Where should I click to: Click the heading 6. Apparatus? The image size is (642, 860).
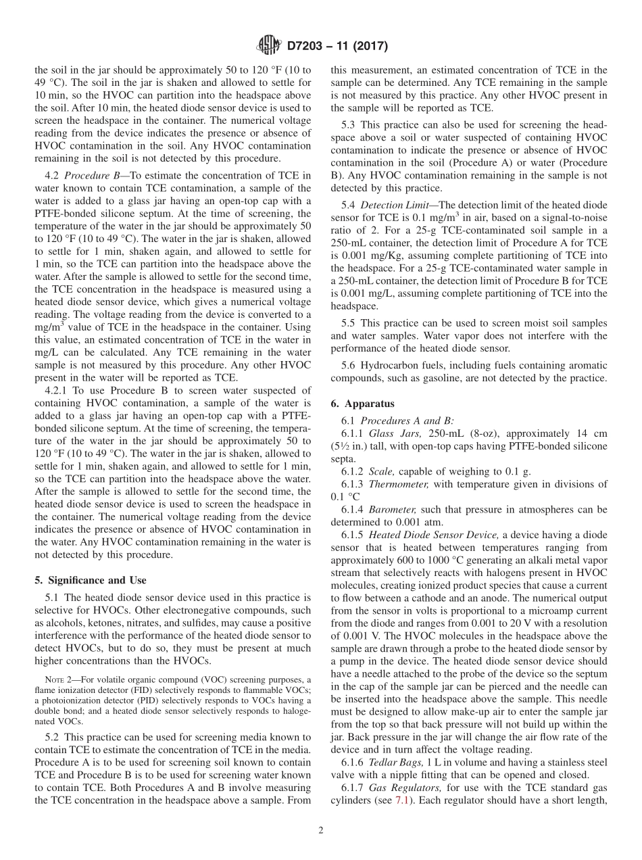click(x=362, y=404)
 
